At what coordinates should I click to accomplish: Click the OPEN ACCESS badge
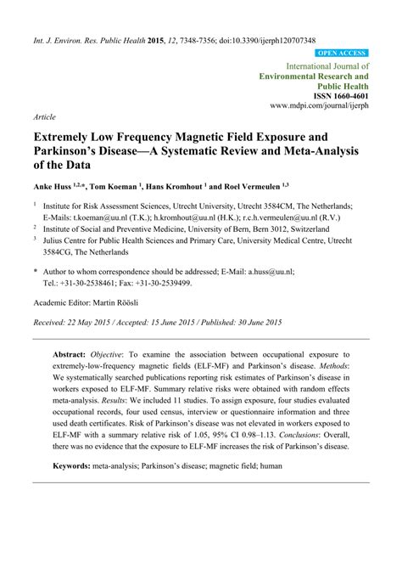point(341,53)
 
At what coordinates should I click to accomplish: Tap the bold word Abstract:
point(75,352)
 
